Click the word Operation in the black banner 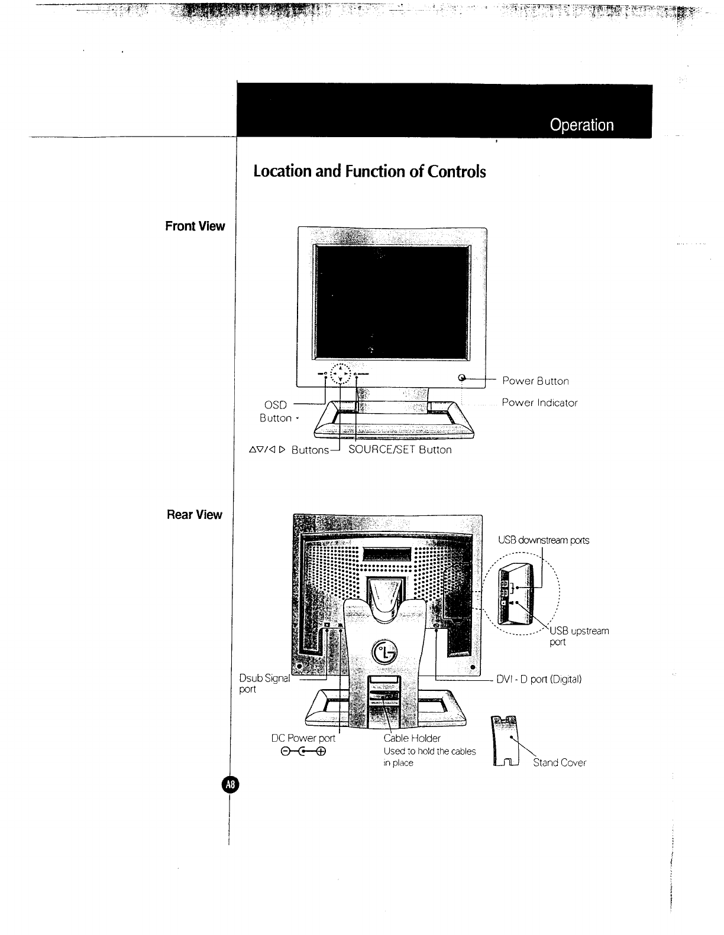581,125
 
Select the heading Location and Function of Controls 369,171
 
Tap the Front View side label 195,226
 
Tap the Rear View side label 194,515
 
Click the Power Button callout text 535,381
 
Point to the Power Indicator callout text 539,403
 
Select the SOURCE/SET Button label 400,450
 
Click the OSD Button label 276,411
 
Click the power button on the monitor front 463,378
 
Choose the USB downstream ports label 544,540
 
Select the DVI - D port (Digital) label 539,679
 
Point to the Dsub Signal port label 264,684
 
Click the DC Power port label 303,738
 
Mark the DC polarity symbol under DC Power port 303,752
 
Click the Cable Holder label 412,738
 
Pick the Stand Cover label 560,763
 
